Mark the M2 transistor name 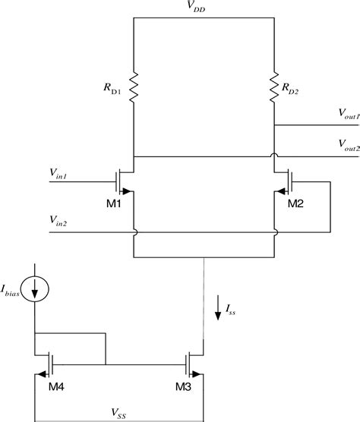[295, 206]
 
